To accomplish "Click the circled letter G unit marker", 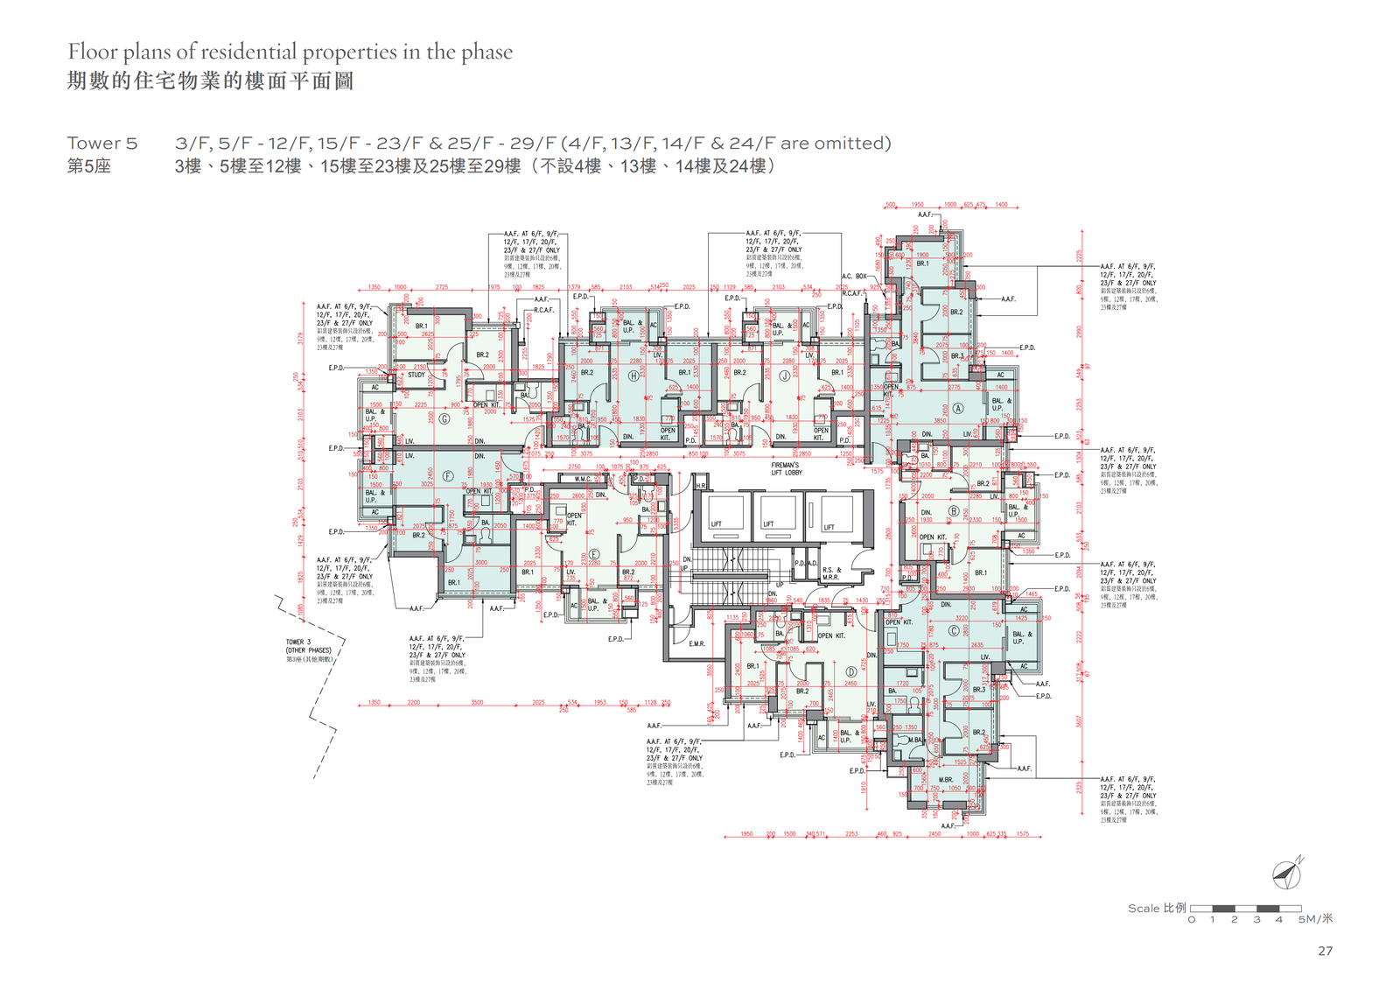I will tap(444, 419).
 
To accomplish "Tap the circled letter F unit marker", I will tap(448, 476).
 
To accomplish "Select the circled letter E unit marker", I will tap(594, 555).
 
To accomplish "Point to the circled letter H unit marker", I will tap(633, 376).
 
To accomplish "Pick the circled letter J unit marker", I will tap(785, 376).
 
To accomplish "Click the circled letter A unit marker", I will tap(958, 409).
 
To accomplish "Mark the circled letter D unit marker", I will tap(850, 672).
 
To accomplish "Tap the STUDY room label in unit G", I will tap(416, 375).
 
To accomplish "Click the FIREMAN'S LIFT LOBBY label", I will tap(786, 469).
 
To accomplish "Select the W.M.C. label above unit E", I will tap(583, 479).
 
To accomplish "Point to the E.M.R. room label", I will tap(696, 644).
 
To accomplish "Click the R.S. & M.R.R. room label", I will tap(830, 573).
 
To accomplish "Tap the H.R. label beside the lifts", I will tap(701, 486).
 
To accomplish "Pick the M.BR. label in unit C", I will tap(946, 779).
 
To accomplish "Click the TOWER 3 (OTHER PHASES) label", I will tap(308, 649).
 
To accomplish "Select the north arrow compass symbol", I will tap(1287, 873).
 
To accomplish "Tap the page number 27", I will tap(1325, 951).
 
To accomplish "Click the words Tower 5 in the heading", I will tap(102, 144).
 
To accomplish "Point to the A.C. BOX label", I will tap(854, 277).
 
